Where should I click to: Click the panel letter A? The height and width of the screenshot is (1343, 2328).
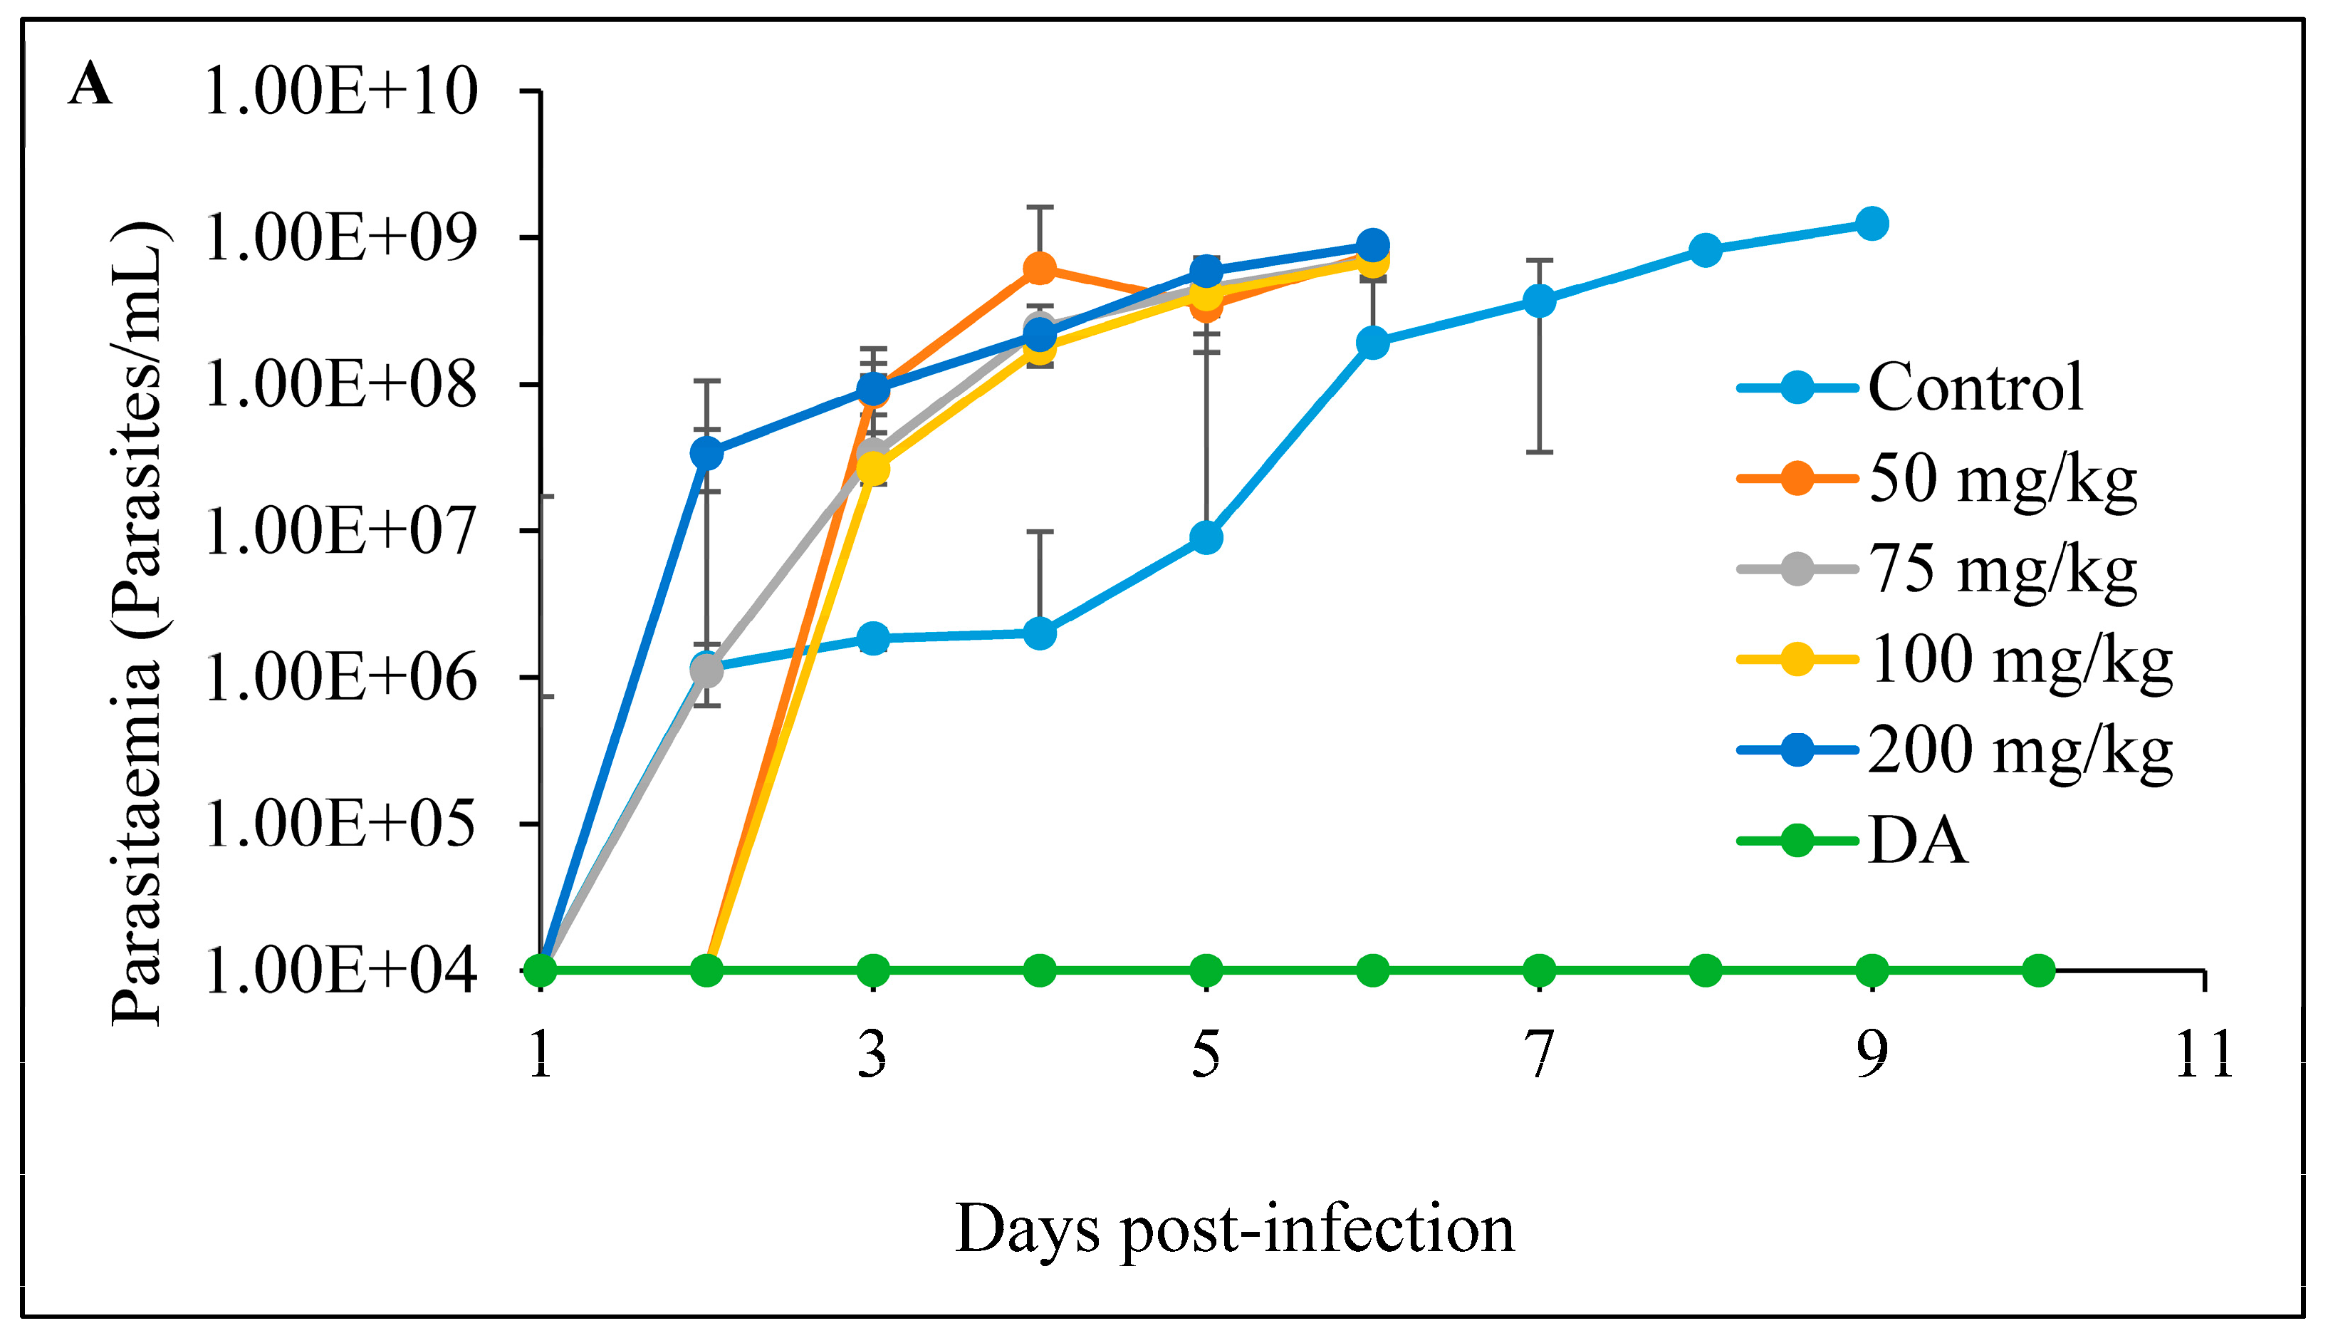point(90,85)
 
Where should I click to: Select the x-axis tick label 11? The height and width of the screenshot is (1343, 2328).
point(2203,1055)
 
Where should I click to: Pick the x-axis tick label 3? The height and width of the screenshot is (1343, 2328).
point(872,1055)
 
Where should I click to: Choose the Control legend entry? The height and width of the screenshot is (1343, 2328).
point(1974,388)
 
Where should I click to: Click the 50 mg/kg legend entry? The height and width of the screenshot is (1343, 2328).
point(2002,479)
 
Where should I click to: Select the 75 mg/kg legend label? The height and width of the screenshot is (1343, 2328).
point(2002,569)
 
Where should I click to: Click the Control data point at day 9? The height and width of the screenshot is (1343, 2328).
point(1872,223)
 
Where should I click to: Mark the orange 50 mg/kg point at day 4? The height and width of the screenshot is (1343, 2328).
point(1040,269)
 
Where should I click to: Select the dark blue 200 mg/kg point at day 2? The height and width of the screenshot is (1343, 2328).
point(707,454)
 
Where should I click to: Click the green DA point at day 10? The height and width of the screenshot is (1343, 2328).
point(2038,970)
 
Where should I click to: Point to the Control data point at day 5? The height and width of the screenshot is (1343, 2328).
point(1206,538)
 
